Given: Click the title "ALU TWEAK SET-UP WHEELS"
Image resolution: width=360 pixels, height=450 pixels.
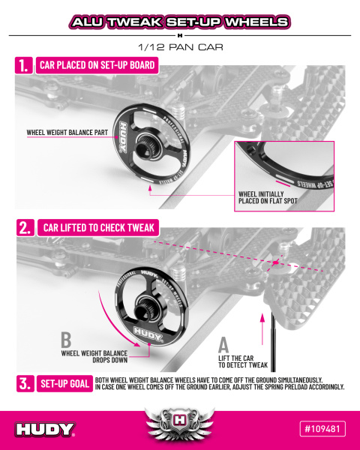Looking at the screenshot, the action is pos(180,22).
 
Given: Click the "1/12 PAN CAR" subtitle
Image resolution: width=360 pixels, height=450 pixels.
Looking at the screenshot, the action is pos(181,47).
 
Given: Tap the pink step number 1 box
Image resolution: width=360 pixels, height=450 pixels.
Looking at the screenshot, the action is pos(24,65).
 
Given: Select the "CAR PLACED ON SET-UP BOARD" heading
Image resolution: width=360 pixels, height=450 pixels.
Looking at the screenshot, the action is pos(97,65).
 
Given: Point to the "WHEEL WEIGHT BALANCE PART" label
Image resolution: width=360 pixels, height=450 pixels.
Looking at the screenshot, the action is pos(67,133).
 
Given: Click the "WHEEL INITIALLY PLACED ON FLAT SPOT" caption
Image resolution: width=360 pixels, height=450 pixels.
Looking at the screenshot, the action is pos(268,197).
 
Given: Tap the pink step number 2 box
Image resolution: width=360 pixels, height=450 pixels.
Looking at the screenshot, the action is pos(25,228).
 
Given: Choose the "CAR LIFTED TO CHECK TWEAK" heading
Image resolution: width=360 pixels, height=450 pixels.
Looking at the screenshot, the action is pos(98,228).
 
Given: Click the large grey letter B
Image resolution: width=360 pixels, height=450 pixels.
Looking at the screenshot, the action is pos(66,340).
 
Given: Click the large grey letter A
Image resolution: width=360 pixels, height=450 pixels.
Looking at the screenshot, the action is pos(223,345).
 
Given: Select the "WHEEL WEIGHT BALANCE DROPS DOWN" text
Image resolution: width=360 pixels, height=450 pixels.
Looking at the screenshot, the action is pos(94,356).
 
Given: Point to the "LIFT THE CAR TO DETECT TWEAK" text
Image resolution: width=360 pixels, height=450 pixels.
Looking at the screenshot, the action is pos(243,361).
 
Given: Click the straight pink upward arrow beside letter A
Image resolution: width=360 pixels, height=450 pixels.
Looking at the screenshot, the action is pos(262,329).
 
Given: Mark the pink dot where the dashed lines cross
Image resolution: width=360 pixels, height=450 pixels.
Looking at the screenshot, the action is pos(276,262).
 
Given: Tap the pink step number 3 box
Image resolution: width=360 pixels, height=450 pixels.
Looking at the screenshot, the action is pos(25,383).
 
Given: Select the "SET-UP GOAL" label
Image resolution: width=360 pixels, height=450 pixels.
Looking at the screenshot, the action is pos(65,383).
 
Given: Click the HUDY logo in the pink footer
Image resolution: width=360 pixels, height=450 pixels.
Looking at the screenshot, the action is pos(45,429).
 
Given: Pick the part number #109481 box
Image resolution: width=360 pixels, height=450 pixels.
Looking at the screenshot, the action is pos(322,429).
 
